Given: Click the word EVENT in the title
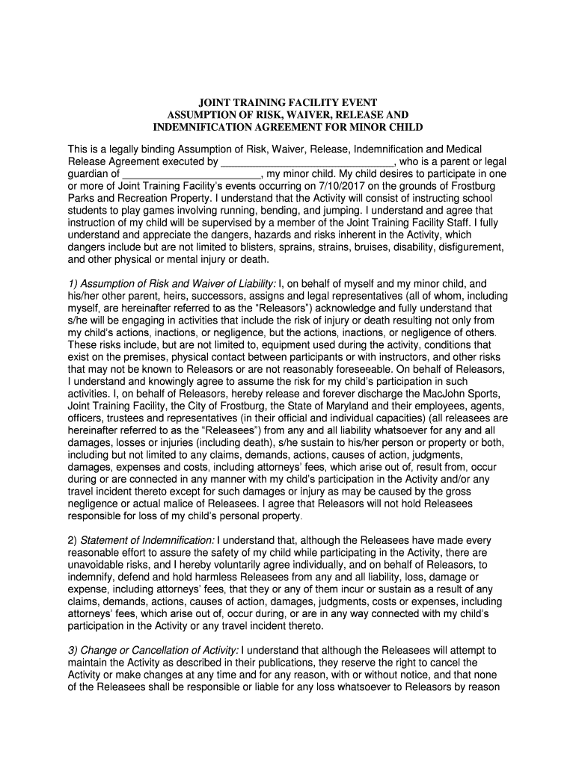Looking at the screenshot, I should (x=358, y=102).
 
